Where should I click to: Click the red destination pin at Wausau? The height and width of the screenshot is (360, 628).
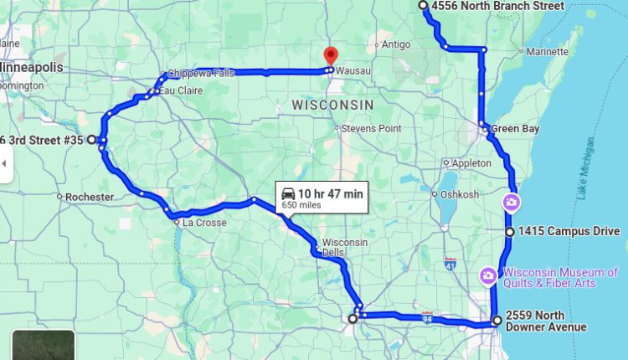330,55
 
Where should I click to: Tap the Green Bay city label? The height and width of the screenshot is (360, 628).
514,129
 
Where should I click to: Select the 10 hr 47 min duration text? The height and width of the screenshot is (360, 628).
331,193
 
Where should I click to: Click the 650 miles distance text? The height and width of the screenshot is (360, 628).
301,204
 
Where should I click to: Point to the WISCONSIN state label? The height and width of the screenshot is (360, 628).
332,105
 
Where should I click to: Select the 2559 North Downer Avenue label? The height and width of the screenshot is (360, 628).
546,321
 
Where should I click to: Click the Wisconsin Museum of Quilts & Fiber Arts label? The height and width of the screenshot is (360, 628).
559,277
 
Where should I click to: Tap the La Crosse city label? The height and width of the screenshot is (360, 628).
204,223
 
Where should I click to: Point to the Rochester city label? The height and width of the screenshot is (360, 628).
90,197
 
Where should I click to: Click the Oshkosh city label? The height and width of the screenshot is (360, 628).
461,194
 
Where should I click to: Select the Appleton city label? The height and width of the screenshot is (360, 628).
471,162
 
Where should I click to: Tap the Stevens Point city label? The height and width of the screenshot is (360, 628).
372,128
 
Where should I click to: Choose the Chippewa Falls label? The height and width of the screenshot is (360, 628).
201,73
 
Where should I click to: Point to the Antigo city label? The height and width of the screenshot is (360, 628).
396,44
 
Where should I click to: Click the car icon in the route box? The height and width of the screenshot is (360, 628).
288,193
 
